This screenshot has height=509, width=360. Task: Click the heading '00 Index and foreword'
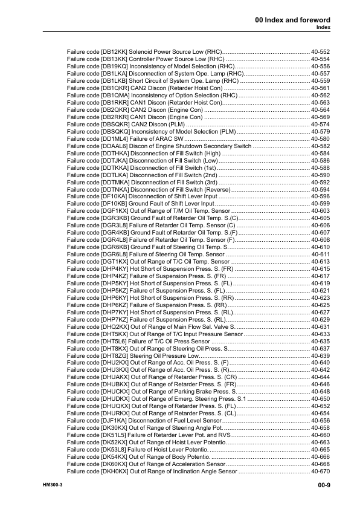(x=292, y=21)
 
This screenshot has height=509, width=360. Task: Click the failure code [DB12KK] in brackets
(x=114, y=53)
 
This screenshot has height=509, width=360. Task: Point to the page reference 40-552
(x=320, y=53)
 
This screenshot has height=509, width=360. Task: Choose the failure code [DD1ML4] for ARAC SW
(x=114, y=140)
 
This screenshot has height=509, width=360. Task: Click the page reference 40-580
(x=320, y=140)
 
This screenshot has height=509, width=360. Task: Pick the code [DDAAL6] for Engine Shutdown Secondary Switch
(x=115, y=146)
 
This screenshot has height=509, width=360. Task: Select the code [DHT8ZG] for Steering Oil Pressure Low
(x=115, y=356)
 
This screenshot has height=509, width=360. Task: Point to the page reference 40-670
(x=320, y=471)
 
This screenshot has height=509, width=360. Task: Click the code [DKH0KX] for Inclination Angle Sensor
(x=115, y=471)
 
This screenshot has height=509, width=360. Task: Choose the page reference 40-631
(x=320, y=326)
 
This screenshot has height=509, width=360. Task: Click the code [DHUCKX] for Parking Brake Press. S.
(x=115, y=392)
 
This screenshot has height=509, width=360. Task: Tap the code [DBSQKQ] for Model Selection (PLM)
(x=115, y=132)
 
